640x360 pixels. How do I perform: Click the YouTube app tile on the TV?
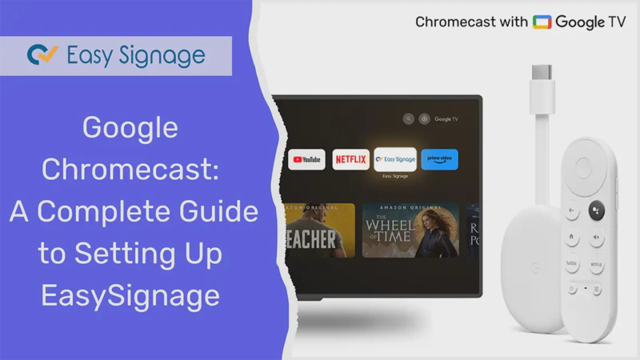pyautogui.click(x=307, y=159)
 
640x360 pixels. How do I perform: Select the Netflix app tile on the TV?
pyautogui.click(x=350, y=159)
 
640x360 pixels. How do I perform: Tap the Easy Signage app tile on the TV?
pyautogui.click(x=395, y=159)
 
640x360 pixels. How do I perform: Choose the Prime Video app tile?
pyautogui.click(x=439, y=159)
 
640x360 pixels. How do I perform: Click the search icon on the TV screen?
pyautogui.click(x=408, y=119)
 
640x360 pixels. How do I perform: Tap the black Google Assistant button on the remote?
pyautogui.click(x=597, y=210)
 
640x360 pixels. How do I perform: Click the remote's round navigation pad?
pyautogui.click(x=585, y=168)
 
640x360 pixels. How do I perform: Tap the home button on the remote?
pyautogui.click(x=571, y=237)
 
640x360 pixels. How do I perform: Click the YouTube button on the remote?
pyautogui.click(x=571, y=262)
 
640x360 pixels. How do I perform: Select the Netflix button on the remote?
pyautogui.click(x=596, y=262)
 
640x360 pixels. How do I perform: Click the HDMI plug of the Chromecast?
pyautogui.click(x=540, y=75)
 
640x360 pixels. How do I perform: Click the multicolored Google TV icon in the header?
pyautogui.click(x=542, y=22)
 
